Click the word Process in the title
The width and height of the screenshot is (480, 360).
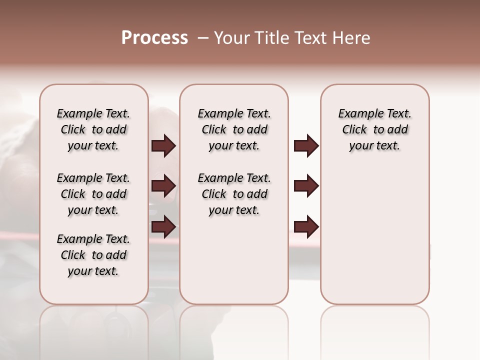point(154,38)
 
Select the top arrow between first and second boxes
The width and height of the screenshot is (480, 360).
point(163,145)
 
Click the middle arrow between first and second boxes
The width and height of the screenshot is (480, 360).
point(163,186)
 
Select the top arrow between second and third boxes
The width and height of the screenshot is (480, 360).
point(306,145)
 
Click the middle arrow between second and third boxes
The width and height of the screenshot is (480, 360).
point(306,186)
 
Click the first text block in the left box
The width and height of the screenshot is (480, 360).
point(93,129)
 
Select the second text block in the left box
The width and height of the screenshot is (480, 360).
point(93,194)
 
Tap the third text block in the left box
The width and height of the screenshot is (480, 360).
point(93,255)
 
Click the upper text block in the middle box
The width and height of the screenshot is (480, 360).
point(234,129)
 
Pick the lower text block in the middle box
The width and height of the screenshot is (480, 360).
point(234,194)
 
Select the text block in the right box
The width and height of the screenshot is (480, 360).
point(374,129)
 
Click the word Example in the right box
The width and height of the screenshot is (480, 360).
point(359,114)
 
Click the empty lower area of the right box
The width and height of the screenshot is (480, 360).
point(374,235)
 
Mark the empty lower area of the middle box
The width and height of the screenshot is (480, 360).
point(234,260)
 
